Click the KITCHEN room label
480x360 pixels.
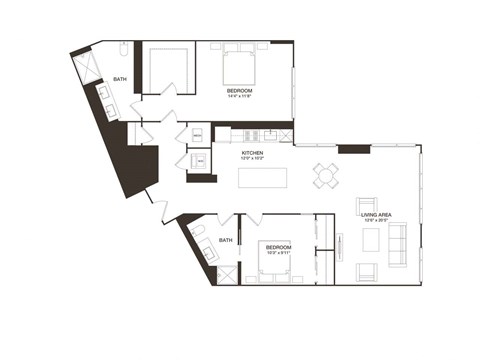pyautogui.click(x=251, y=152)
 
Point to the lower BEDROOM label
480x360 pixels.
pyautogui.click(x=278, y=247)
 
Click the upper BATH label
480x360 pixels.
pyautogui.click(x=120, y=78)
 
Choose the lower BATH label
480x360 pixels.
pyautogui.click(x=226, y=240)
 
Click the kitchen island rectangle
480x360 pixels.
pyautogui.click(x=261, y=177)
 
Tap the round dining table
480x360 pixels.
pyautogui.click(x=325, y=175)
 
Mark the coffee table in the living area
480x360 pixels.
pyautogui.click(x=371, y=240)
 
